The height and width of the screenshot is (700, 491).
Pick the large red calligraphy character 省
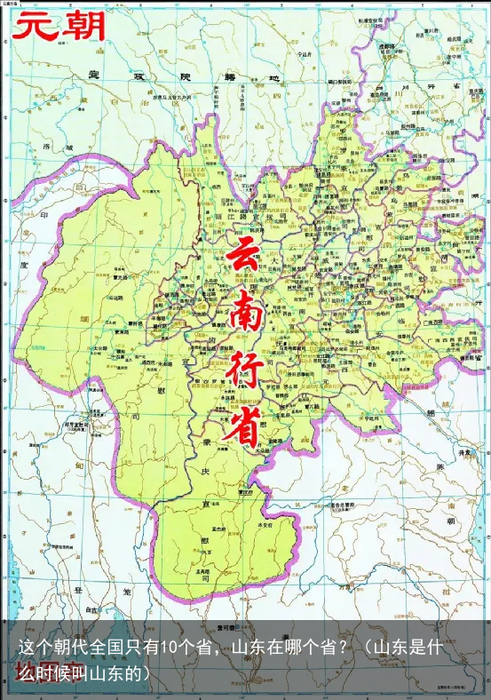point(243,426)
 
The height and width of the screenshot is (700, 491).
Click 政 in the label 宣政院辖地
point(137,76)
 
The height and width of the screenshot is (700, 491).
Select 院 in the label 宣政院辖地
point(184,76)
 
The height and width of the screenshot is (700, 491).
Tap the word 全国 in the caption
point(124,648)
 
